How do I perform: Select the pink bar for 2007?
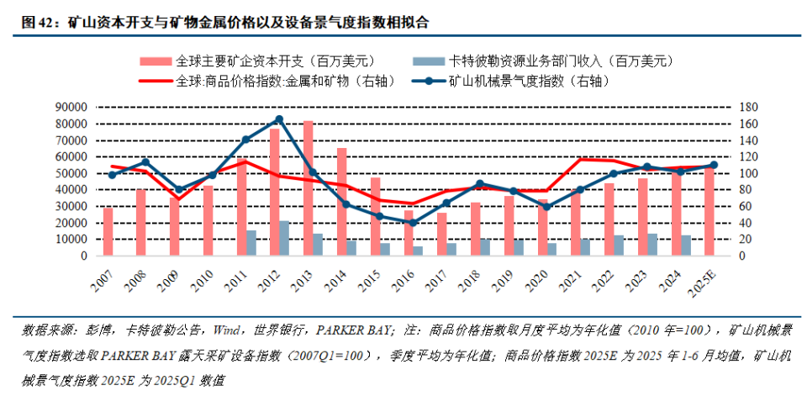pos(108,231)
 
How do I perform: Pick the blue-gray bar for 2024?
pos(687,246)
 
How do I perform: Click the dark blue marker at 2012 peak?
pos(279,119)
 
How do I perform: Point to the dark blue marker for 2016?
pos(413,223)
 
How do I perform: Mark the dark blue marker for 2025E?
pos(714,165)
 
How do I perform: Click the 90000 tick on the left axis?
pos(71,108)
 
